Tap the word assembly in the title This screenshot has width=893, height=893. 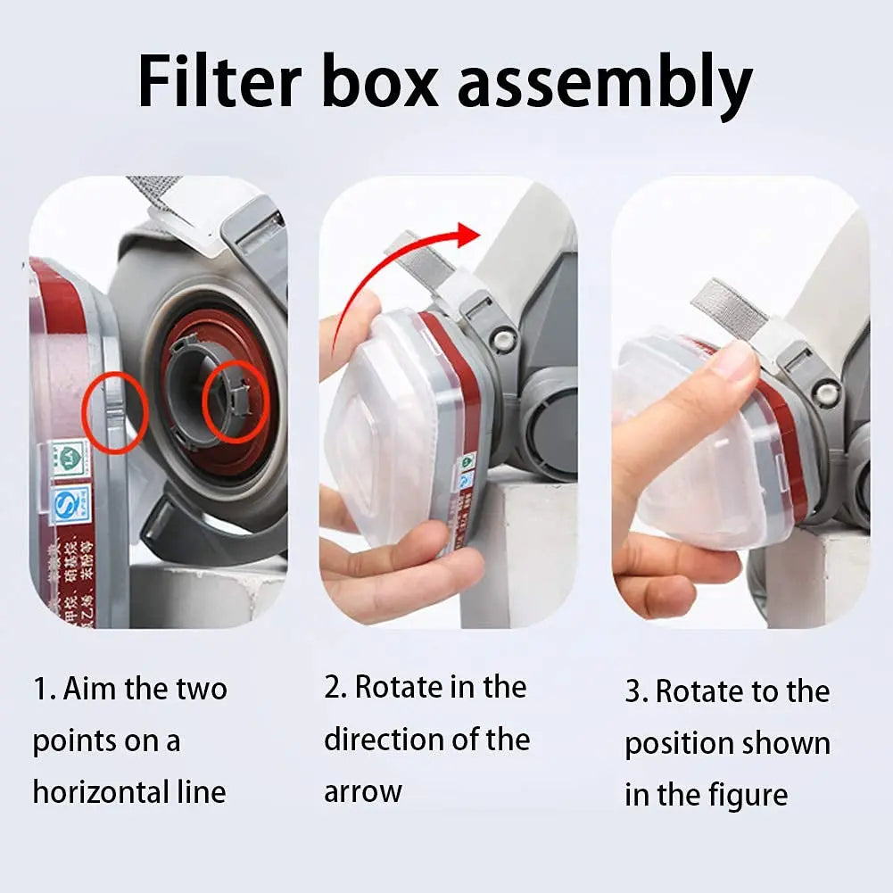pos(605,86)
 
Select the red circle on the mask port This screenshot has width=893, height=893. pos(235,404)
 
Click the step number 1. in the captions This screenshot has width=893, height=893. pos(45,689)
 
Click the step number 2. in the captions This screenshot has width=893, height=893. pos(335,687)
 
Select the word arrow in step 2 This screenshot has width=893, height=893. pos(363,791)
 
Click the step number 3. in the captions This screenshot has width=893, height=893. pos(636,692)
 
